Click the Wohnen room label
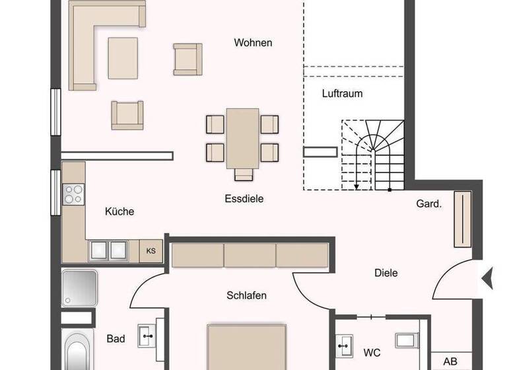pos(253,43)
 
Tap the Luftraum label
pos(342,94)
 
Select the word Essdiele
pos(244,198)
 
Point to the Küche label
pos(119,211)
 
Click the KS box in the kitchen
pos(151,251)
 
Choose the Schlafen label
pos(246,295)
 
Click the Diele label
pos(386,272)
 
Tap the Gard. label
pos(428,204)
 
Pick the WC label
pos(372,353)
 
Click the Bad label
pos(116,339)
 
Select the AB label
pos(450,361)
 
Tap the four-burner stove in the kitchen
pos(73,194)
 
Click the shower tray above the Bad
pos(80,287)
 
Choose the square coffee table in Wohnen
pos(123,57)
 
